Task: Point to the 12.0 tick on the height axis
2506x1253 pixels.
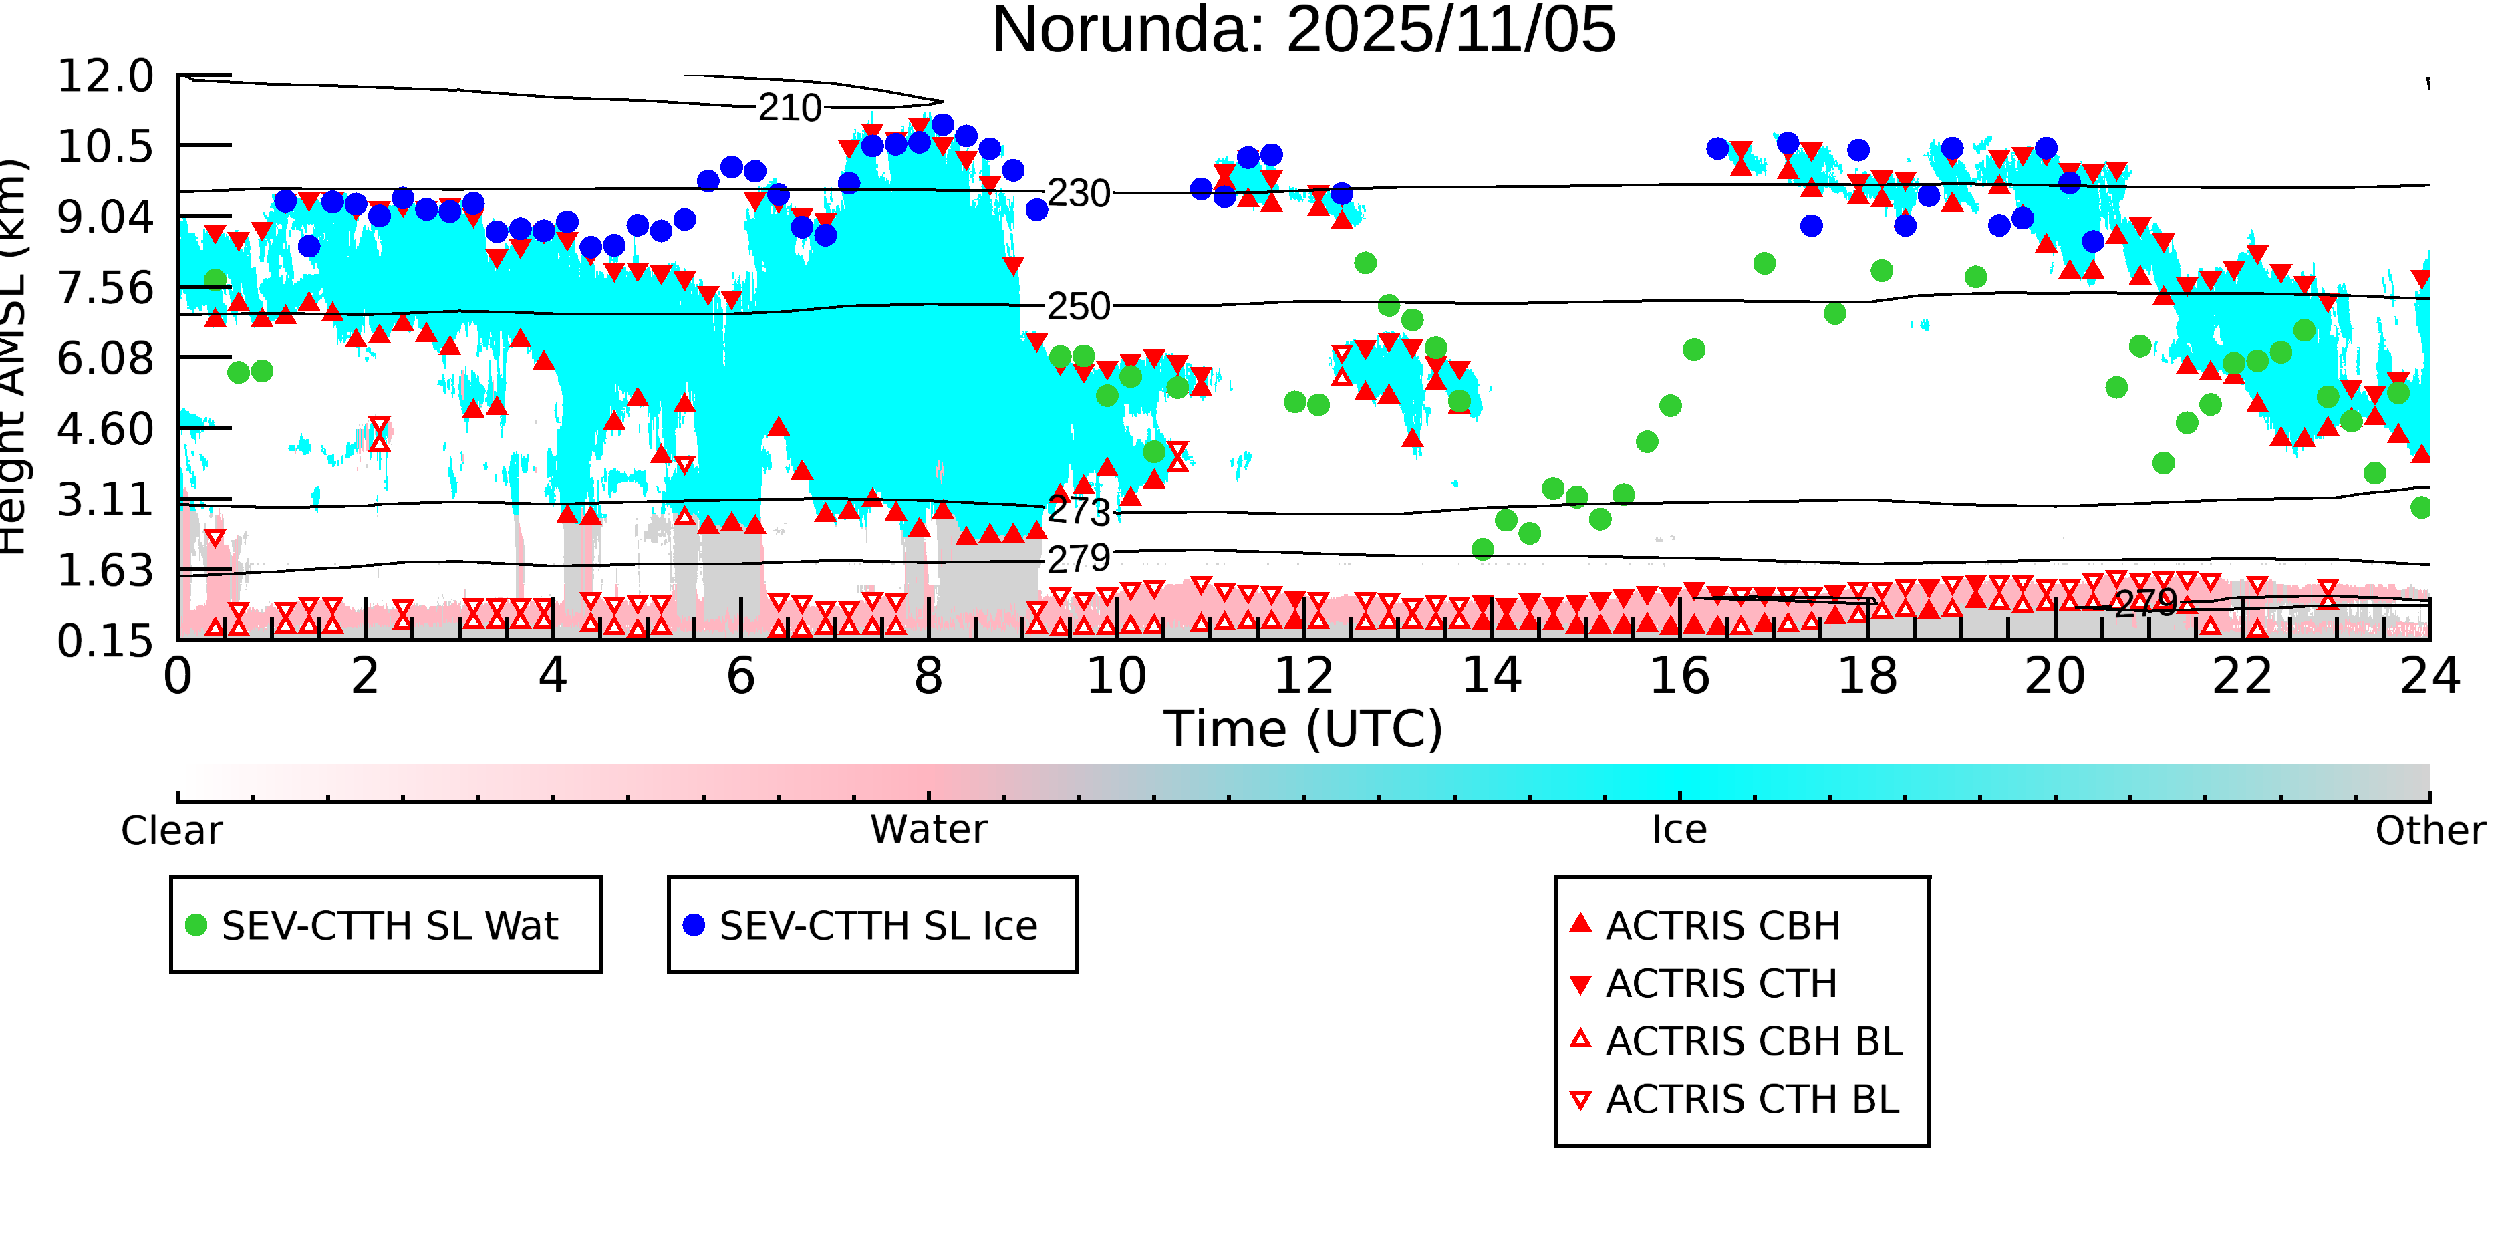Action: tap(105, 76)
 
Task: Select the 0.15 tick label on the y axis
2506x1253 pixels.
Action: tap(105, 641)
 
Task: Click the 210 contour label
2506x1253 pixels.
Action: tap(790, 108)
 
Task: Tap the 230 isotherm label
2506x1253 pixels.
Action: tap(1078, 194)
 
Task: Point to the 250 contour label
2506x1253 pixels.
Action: tap(1078, 307)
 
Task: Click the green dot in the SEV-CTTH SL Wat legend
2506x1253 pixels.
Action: tap(196, 925)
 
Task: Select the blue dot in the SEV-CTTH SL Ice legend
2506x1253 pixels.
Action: tap(694, 925)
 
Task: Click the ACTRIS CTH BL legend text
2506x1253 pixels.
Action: tap(1751, 1100)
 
